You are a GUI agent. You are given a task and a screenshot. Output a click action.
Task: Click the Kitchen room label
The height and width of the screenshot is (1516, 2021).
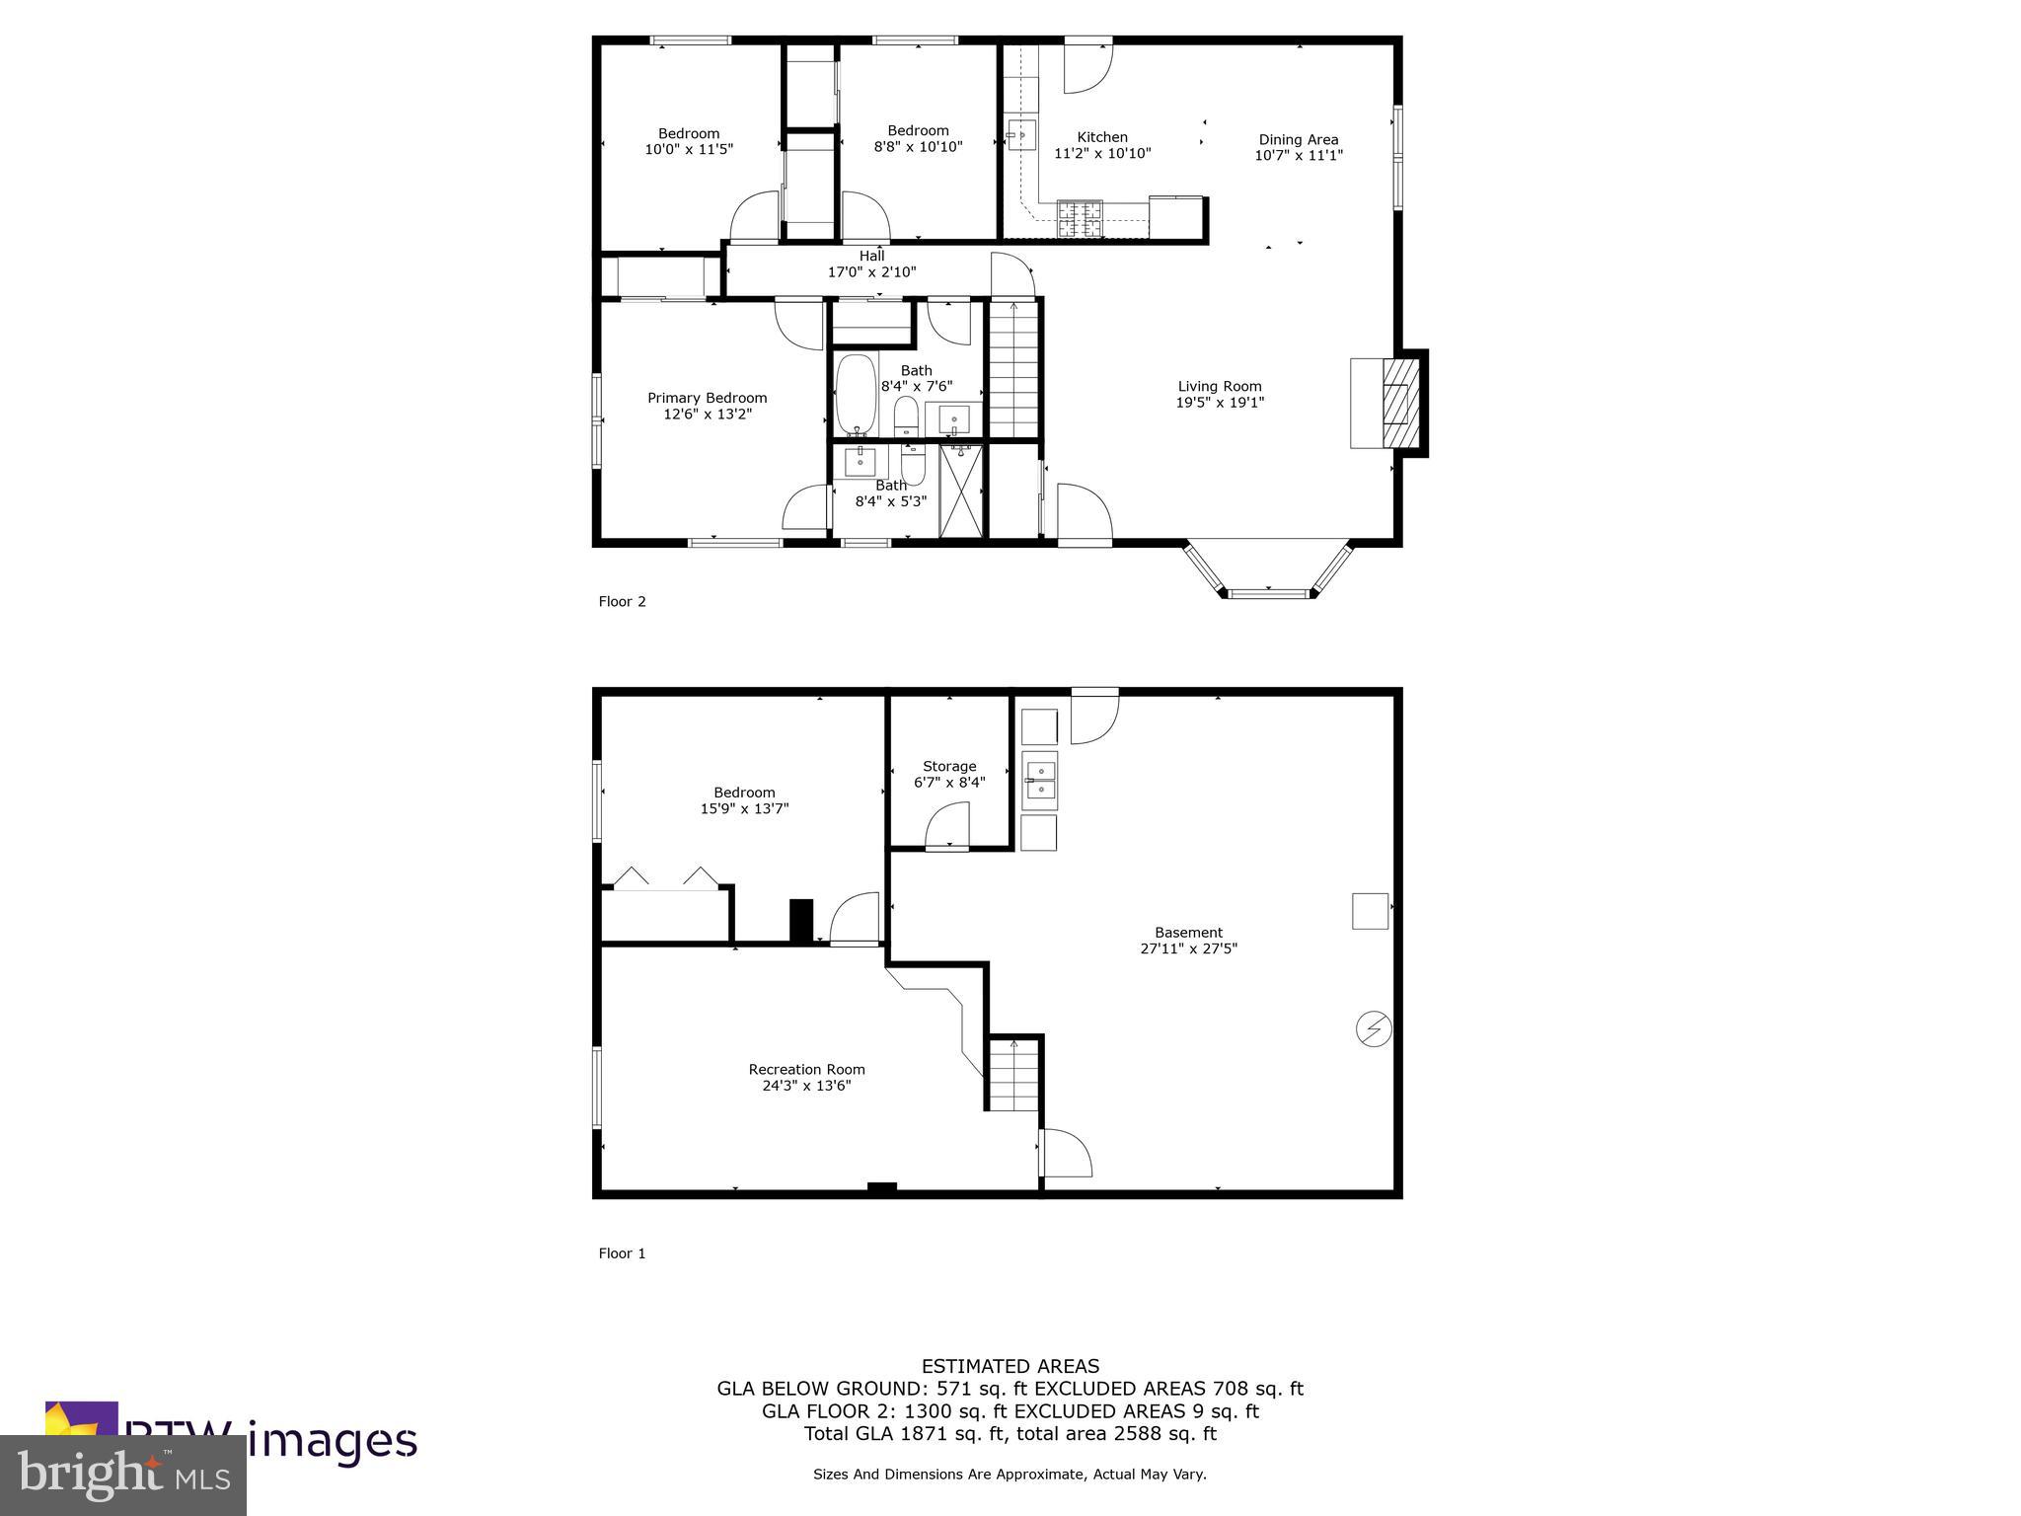1101,137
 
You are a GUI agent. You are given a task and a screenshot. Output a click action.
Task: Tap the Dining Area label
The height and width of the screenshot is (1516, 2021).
1298,139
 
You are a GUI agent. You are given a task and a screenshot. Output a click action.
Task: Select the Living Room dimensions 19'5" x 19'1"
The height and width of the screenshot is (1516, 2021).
1219,403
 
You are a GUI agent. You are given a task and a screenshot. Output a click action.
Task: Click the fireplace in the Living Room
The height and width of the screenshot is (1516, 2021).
1394,403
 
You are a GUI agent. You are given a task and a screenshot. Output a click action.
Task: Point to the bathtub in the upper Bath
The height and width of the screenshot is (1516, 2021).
856,395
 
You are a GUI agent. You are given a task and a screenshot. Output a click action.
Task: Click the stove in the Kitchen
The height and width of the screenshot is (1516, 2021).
1080,217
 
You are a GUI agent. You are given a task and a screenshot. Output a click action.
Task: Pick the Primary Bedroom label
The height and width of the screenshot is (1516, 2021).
707,398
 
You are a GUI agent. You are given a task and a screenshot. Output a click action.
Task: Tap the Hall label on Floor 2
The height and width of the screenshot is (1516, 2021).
871,256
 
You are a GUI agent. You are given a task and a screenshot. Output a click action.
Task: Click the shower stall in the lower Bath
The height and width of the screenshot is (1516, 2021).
961,491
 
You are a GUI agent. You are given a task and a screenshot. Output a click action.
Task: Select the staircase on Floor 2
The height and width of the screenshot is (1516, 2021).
1013,368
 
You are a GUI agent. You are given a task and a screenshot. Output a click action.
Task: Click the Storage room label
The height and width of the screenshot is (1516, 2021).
949,766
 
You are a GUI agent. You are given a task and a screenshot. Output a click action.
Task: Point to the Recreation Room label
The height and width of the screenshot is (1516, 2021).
806,1069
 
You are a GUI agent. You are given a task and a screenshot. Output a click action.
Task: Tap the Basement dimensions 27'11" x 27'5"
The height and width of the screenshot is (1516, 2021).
1188,948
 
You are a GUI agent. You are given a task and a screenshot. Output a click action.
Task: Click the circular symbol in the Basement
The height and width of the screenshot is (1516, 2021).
1373,1029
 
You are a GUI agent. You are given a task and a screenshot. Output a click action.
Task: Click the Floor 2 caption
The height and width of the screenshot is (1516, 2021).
622,601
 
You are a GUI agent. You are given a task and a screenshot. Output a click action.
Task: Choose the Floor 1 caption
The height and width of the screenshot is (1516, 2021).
622,1253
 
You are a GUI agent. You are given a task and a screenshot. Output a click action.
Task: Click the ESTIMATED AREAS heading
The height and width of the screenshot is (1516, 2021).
1010,1366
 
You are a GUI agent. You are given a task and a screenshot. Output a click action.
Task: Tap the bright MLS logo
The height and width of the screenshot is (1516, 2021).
123,1475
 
